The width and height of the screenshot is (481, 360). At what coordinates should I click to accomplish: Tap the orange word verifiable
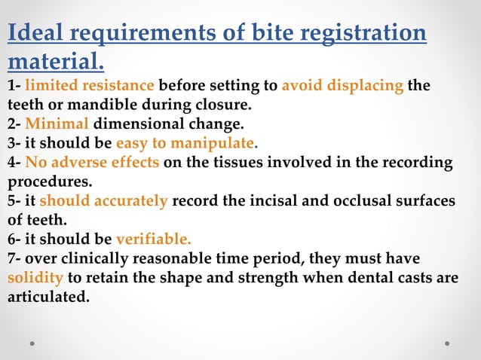tap(154, 240)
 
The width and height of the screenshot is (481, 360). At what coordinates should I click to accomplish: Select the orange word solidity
tap(35, 279)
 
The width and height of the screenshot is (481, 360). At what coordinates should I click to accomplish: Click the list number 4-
tap(14, 163)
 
